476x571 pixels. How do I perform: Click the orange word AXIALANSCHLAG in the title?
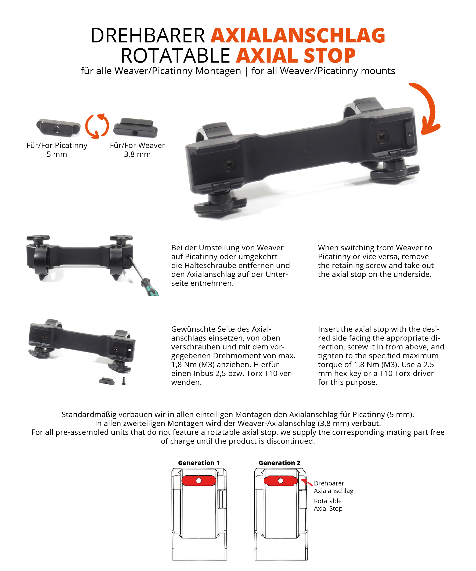(298, 36)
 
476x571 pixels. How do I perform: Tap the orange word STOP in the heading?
(330, 56)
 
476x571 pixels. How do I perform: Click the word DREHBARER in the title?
(148, 36)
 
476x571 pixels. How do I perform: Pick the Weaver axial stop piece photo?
(135, 128)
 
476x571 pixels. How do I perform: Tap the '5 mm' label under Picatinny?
(57, 154)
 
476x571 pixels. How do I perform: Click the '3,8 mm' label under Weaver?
(137, 154)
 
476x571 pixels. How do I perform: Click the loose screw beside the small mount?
(124, 381)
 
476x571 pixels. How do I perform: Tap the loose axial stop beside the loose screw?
(107, 381)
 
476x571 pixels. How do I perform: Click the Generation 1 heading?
(199, 463)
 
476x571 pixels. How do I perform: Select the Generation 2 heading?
(279, 463)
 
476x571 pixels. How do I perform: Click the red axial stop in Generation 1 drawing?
(199, 481)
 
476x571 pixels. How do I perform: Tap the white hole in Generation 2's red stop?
(281, 481)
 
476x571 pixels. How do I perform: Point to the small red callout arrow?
(306, 482)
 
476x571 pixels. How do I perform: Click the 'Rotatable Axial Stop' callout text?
(328, 505)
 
